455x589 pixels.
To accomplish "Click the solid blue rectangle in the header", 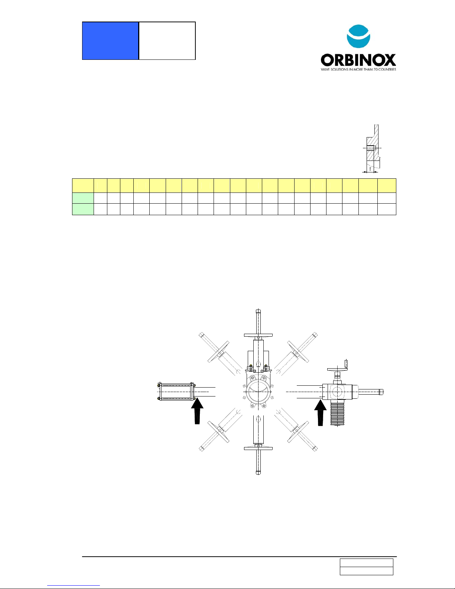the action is tap(110, 41).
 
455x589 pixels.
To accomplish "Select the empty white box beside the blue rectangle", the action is tap(167, 41).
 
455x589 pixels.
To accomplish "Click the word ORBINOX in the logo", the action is tap(358, 60).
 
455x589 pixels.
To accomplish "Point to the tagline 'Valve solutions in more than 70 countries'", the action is tap(358, 69).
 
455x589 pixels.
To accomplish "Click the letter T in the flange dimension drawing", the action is tap(370, 169).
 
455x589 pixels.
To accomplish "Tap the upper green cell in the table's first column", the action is tap(83, 198).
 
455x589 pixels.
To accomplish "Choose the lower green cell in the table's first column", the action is tap(83, 209).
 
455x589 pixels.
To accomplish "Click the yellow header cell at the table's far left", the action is tap(83, 185).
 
